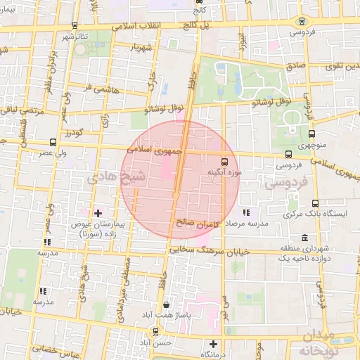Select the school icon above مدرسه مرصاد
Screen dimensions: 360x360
[245, 212]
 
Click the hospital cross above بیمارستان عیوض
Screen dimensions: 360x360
[98, 212]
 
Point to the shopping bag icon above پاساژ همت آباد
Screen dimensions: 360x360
[166, 304]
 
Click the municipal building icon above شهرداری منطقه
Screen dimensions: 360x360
[304, 238]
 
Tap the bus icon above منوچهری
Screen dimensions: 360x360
[312, 134]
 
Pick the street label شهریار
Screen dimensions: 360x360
[141, 47]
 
